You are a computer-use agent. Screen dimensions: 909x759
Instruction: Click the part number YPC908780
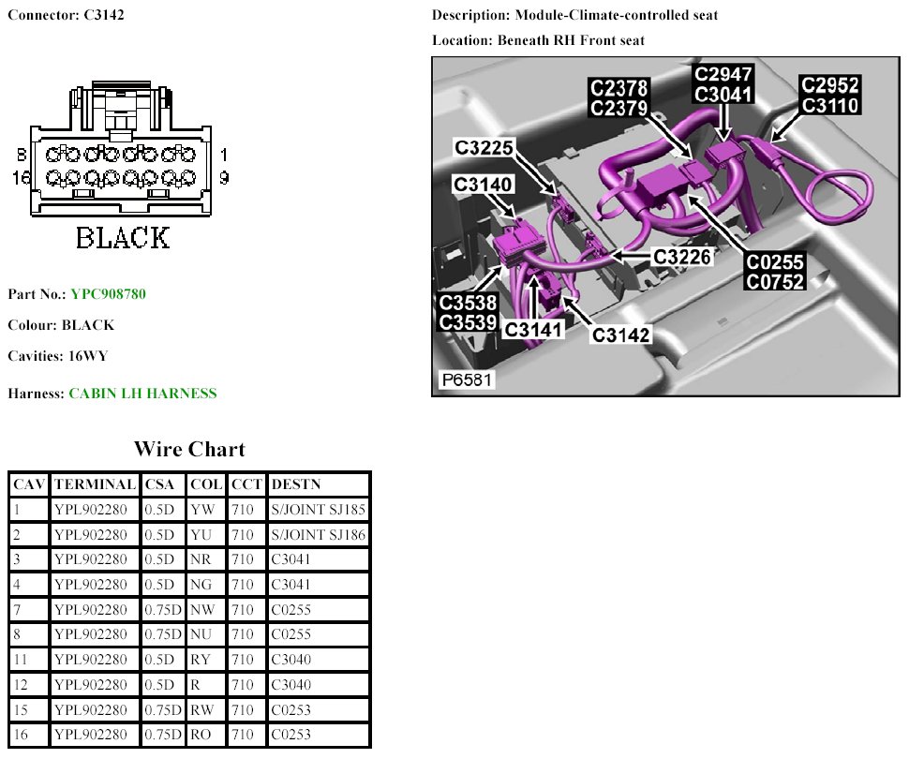click(108, 294)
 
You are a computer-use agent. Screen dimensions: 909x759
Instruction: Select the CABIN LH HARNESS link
click(142, 394)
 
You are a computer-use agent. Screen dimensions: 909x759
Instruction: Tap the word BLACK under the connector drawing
click(123, 238)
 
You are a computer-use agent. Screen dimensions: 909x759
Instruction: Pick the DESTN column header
click(295, 484)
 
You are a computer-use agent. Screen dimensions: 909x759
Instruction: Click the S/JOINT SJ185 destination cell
click(319, 510)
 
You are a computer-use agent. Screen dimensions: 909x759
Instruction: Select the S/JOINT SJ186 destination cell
click(319, 535)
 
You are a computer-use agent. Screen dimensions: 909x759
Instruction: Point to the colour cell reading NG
click(201, 585)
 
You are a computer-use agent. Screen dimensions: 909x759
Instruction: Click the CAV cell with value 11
click(21, 660)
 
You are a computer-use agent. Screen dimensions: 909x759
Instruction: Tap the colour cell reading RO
click(201, 735)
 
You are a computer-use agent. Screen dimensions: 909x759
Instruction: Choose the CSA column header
click(159, 484)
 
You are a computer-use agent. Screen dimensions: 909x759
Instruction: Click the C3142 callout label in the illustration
click(620, 334)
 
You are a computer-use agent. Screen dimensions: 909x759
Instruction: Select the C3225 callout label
click(484, 148)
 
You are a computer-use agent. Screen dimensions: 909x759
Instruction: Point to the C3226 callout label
click(684, 256)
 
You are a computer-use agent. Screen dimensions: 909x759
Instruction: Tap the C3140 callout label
click(483, 185)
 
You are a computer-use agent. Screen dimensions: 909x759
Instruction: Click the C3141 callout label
click(535, 330)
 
